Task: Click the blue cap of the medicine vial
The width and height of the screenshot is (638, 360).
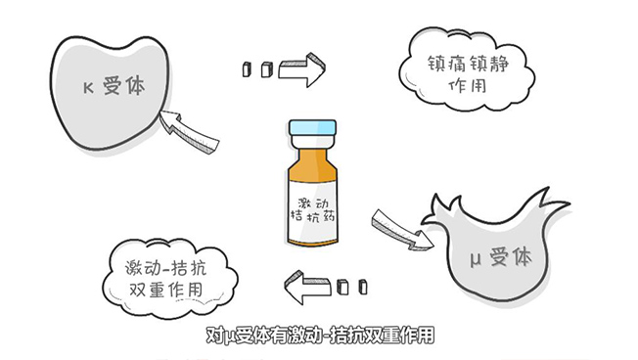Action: tap(312, 128)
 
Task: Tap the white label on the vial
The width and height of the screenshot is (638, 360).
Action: tap(312, 211)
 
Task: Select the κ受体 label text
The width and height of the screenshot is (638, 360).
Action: tap(114, 87)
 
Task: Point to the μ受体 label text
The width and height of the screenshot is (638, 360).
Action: tap(501, 257)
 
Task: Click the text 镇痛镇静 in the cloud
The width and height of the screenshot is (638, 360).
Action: tap(468, 65)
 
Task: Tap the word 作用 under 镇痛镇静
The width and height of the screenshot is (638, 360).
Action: tap(468, 85)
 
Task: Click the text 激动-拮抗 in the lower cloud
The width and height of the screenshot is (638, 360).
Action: tap(165, 268)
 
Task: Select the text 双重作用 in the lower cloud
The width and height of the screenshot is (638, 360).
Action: tap(165, 290)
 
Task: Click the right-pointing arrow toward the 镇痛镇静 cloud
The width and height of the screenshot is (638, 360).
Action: tap(302, 69)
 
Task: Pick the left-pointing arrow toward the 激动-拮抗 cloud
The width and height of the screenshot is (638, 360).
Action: tap(307, 287)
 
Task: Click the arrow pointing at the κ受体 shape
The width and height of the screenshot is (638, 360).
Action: tap(188, 131)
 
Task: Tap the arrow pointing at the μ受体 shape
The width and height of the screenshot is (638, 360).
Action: tap(402, 230)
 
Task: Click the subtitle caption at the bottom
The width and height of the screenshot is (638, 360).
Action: tap(320, 336)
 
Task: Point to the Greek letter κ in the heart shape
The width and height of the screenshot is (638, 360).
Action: tap(88, 88)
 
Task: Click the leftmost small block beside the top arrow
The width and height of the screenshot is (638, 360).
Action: tap(247, 69)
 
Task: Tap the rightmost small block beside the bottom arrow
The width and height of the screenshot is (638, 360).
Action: tap(363, 287)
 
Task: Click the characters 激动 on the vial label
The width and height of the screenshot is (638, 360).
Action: tap(313, 202)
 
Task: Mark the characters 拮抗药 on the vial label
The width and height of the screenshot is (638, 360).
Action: tap(312, 215)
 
